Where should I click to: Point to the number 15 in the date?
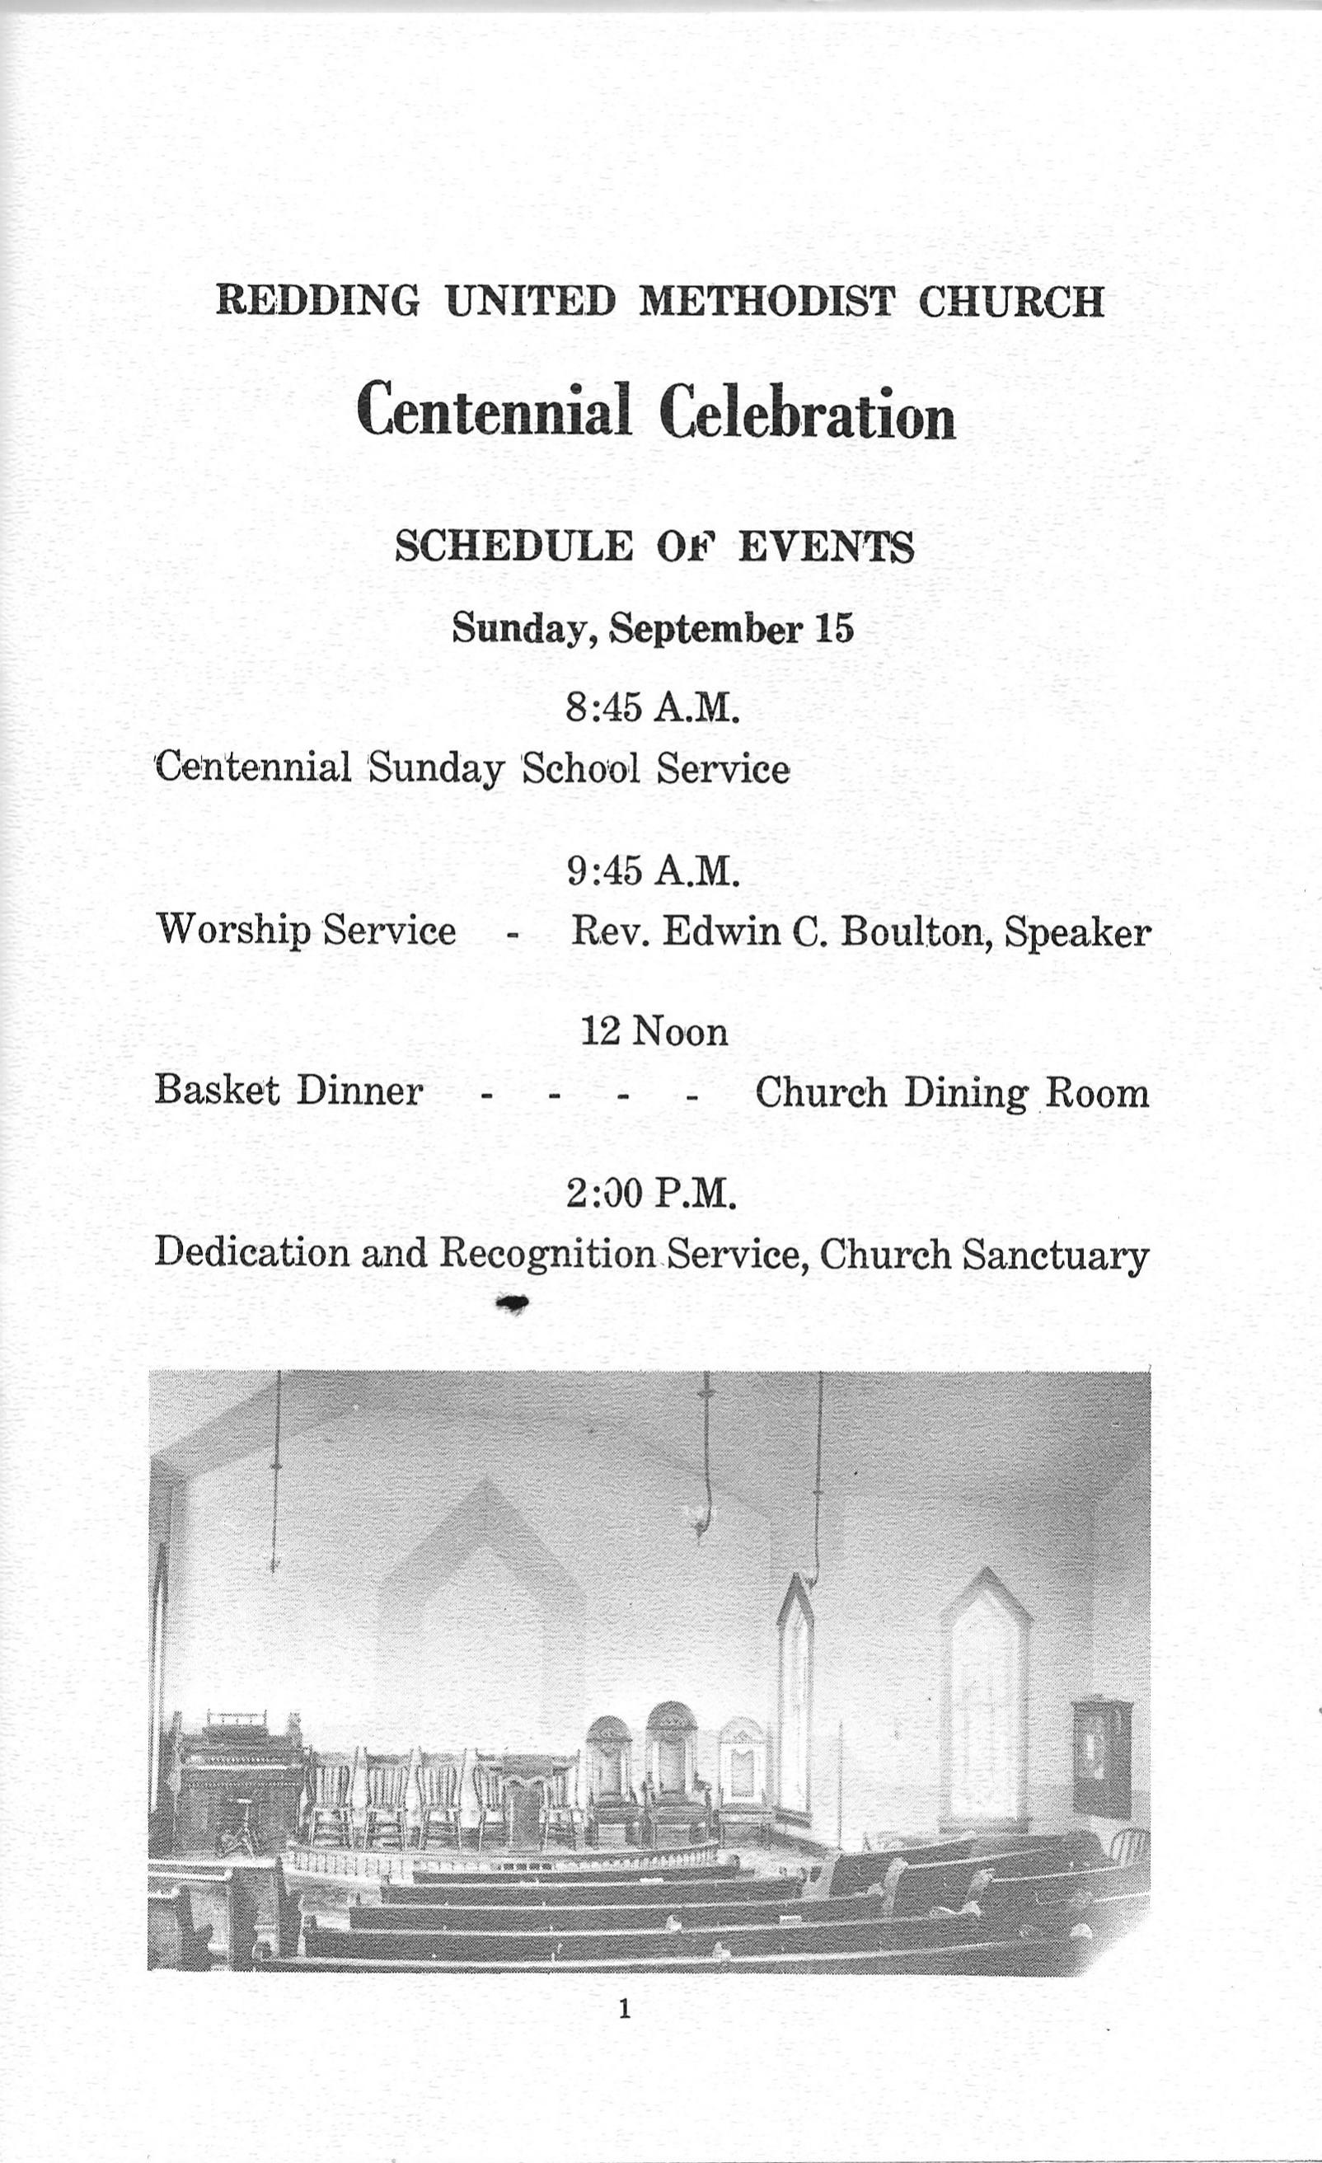pos(833,628)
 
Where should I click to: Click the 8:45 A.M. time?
pos(652,706)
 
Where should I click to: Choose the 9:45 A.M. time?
pos(652,870)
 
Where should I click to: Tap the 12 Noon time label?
pos(654,1031)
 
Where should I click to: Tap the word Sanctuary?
pos(1055,1255)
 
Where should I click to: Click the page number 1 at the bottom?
pos(624,2002)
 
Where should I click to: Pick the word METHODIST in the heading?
pos(766,302)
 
